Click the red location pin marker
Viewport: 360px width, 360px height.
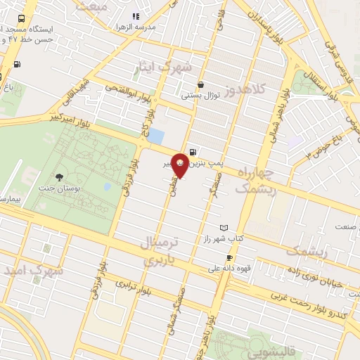click(180, 164)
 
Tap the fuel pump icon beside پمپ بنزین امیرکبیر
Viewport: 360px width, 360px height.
click(193, 150)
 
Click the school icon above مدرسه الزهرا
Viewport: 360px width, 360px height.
click(136, 15)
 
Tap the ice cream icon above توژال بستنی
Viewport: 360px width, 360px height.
click(201, 84)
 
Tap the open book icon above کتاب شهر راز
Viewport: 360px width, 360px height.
click(224, 229)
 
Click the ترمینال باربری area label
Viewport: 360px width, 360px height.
click(162, 251)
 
